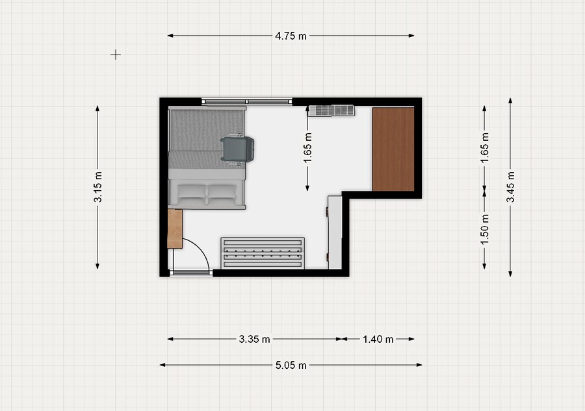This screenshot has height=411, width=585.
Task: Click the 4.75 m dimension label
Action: pyautogui.click(x=291, y=36)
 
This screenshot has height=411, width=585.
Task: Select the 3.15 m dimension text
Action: pyautogui.click(x=97, y=187)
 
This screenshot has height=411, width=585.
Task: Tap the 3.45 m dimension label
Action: pyautogui.click(x=510, y=187)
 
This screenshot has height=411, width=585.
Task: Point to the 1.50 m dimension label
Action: pyautogui.click(x=485, y=230)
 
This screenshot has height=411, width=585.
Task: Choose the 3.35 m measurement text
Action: pyautogui.click(x=254, y=339)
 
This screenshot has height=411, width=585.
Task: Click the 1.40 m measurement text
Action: pyautogui.click(x=378, y=339)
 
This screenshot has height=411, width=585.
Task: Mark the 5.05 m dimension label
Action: pyautogui.click(x=291, y=365)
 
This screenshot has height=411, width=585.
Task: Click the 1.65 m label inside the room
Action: pyautogui.click(x=307, y=148)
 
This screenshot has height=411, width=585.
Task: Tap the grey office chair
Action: pyautogui.click(x=238, y=149)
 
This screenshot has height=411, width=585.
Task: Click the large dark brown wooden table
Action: pyautogui.click(x=393, y=149)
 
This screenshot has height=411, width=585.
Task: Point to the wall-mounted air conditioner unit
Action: pyautogui.click(x=331, y=110)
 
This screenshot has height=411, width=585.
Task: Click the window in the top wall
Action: pyautogui.click(x=247, y=101)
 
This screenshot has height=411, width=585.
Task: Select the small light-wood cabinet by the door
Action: pyautogui.click(x=175, y=229)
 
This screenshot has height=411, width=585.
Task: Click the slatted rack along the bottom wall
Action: pyautogui.click(x=263, y=253)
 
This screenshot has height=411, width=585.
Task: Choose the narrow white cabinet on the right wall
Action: pyautogui.click(x=335, y=232)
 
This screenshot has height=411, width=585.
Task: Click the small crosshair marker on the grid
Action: pyautogui.click(x=116, y=55)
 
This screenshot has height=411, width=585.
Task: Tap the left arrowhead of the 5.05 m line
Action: pyautogui.click(x=162, y=365)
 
